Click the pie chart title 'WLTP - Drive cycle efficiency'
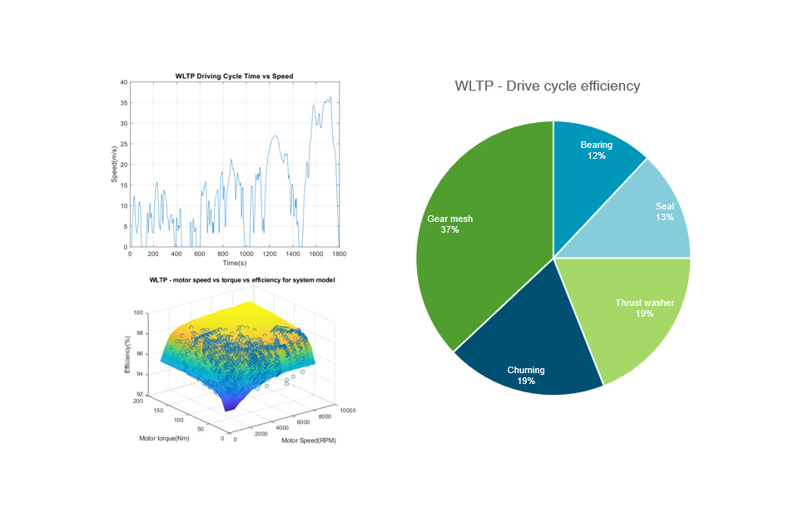pos(547,86)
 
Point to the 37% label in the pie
pos(449,229)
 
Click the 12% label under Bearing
pos(596,155)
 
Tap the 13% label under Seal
pos(664,217)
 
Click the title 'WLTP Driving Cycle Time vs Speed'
pos(234,76)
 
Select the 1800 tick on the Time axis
pos(339,254)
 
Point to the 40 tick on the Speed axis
pos(123,82)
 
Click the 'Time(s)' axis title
pos(234,263)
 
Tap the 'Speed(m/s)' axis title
pos(114,165)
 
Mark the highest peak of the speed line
pos(330,97)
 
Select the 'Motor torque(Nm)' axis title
pos(164,438)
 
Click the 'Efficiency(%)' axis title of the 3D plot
pos(127,353)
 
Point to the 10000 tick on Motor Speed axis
pos(348,411)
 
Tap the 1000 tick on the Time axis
pos(246,254)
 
